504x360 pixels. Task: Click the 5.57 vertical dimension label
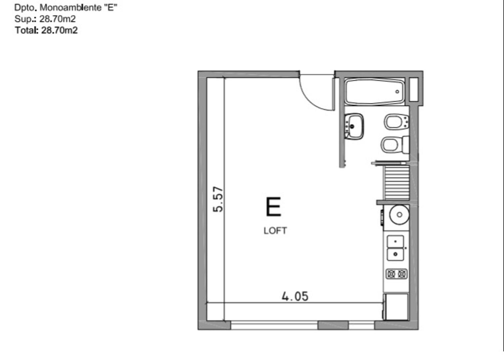[219, 199]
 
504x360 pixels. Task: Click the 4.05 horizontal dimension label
[295, 296]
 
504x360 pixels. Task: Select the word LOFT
[275, 231]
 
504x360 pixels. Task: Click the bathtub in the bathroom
[374, 92]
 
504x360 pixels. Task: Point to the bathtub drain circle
[397, 92]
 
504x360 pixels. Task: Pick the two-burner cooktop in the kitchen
[396, 274]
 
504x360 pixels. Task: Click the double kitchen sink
[395, 248]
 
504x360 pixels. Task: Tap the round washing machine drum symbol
[399, 214]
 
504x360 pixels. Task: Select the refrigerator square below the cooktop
[396, 307]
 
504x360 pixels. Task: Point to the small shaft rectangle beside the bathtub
[413, 89]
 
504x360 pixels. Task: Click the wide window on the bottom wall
[274, 325]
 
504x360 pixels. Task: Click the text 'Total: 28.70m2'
[46, 30]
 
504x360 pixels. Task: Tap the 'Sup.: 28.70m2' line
[45, 19]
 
